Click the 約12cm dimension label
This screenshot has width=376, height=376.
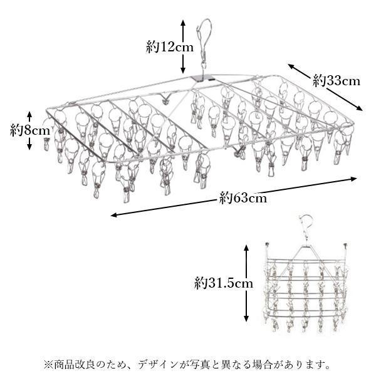pos(170,47)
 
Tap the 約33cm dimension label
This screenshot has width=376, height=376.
pos(336,81)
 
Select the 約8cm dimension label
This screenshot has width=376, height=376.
pos(30,130)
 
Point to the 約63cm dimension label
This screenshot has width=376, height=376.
pos(243,198)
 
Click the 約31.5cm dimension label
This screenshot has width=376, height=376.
pos(224,283)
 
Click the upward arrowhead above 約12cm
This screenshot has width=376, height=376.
pos(183,23)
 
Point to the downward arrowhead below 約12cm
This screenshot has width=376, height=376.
pos(183,70)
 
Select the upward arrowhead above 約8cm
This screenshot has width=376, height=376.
pos(29,115)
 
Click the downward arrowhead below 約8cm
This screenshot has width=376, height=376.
pos(29,147)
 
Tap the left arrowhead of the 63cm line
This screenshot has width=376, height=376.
pos(114,215)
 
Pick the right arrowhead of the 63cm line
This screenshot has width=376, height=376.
pos(354,179)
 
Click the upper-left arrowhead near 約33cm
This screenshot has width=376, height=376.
pos(291,66)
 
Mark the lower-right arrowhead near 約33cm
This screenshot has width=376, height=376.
pos(359,108)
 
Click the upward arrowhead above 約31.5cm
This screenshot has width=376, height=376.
pos(246,248)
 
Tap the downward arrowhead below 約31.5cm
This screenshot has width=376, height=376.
pos(246,318)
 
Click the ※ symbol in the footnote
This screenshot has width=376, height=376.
pos(48,365)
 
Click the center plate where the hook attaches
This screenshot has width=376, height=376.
pos(203,78)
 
